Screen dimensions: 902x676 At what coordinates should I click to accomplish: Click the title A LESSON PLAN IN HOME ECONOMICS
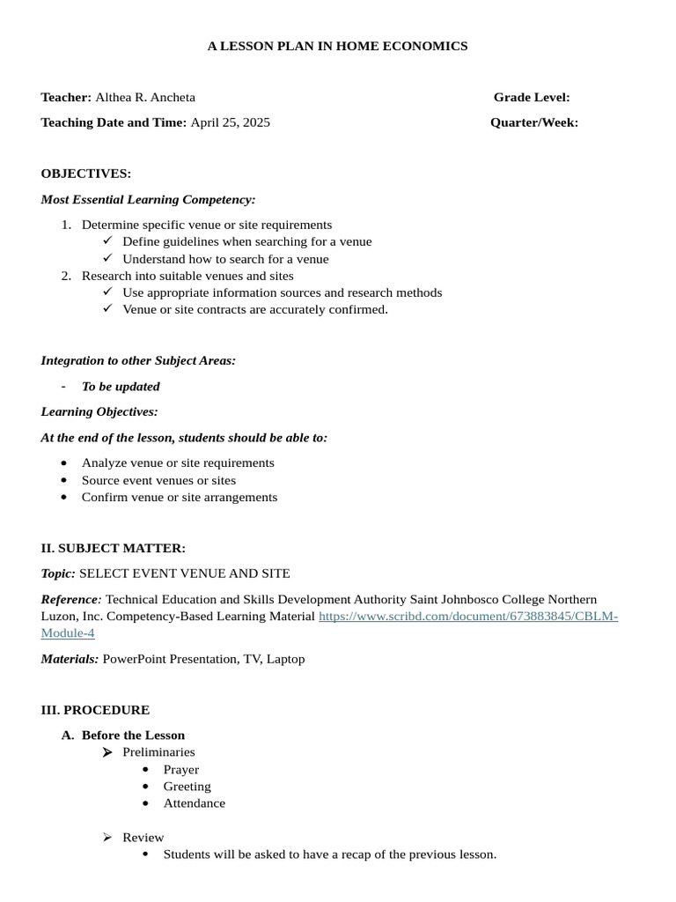click(337, 46)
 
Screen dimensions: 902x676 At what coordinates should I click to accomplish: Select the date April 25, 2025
click(231, 122)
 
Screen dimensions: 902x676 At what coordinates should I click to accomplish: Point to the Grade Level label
click(532, 97)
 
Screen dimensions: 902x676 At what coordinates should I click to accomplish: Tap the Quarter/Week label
click(534, 122)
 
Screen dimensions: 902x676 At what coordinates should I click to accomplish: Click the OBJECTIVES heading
click(86, 174)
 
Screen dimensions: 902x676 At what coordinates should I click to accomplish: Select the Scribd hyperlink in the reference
click(467, 616)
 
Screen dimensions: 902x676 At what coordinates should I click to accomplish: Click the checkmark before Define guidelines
click(107, 240)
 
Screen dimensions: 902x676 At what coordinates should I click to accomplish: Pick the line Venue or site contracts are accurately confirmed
click(255, 309)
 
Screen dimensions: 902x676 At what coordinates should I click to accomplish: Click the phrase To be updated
click(121, 386)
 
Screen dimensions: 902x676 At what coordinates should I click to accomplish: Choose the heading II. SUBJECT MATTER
click(113, 548)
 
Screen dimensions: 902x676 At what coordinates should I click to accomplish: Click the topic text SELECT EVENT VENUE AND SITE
click(185, 573)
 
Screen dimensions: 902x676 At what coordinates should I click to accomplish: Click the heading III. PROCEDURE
click(95, 710)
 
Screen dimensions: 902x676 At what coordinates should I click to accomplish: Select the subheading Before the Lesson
click(133, 736)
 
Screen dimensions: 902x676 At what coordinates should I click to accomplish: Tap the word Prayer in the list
click(181, 769)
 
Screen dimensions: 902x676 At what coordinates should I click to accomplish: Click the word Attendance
click(195, 803)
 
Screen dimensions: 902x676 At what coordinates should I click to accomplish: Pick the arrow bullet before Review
click(107, 838)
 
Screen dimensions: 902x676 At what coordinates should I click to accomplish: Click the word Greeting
click(187, 787)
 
